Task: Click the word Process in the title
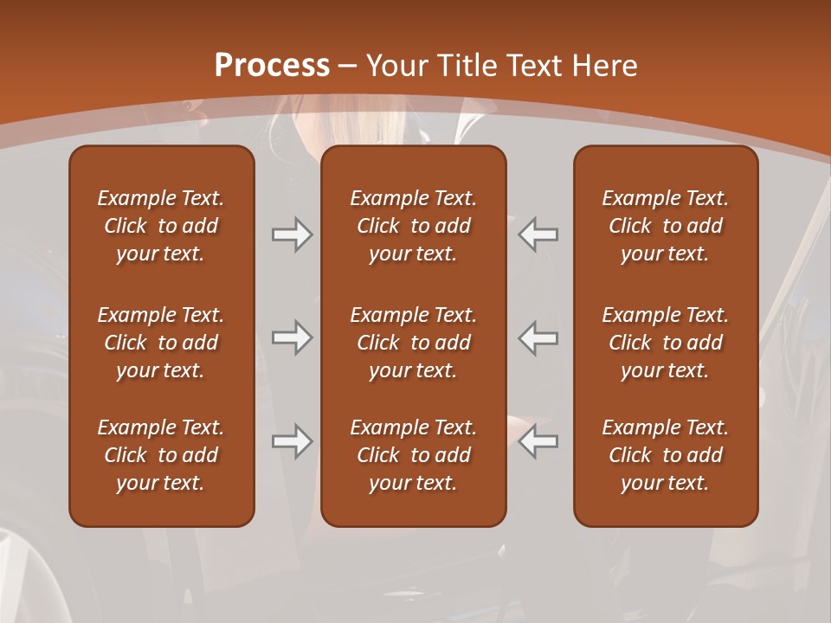(x=272, y=66)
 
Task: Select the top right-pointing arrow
(x=293, y=234)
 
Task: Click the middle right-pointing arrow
(x=293, y=337)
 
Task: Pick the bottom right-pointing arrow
(x=293, y=441)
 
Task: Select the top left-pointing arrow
(x=538, y=234)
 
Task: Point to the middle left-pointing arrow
(x=538, y=337)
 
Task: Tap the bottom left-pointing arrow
(x=538, y=441)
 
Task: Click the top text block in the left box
(x=161, y=226)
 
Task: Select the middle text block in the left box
(x=161, y=343)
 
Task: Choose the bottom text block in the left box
(x=161, y=455)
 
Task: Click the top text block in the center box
(x=413, y=226)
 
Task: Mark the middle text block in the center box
(x=413, y=343)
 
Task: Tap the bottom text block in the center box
(x=413, y=455)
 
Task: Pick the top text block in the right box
(x=665, y=226)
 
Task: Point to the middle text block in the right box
(x=665, y=343)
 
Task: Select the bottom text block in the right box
(x=665, y=455)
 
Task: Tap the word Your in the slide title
(x=394, y=66)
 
